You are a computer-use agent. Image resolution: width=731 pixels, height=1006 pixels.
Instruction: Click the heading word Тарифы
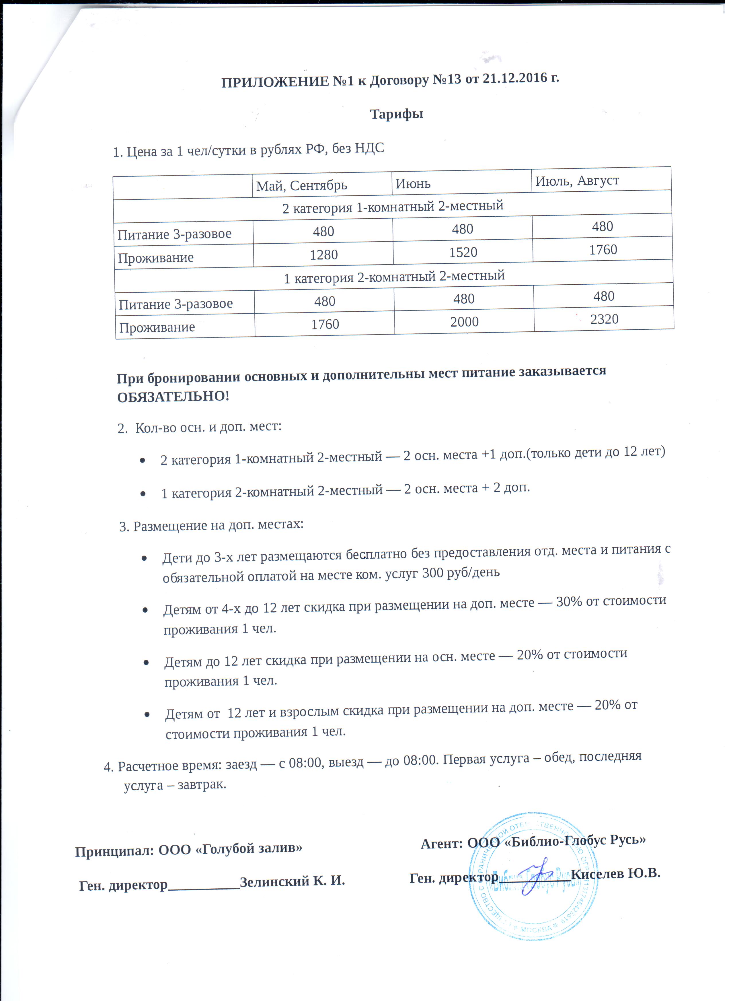click(396, 114)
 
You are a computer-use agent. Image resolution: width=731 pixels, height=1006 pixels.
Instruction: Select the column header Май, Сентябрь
click(301, 185)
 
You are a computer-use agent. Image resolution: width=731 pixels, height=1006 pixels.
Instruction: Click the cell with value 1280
click(323, 255)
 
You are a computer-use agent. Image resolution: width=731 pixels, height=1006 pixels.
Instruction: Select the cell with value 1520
click(463, 252)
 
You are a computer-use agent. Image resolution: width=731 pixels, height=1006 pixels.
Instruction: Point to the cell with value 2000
click(464, 322)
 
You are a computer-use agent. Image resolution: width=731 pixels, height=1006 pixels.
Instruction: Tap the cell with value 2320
click(604, 319)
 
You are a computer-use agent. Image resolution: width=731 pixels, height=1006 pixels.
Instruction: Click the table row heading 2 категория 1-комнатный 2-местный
click(393, 207)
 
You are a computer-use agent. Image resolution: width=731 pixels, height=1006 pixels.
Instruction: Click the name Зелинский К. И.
click(292, 881)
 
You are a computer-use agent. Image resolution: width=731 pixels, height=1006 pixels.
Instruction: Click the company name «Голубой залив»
click(249, 848)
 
